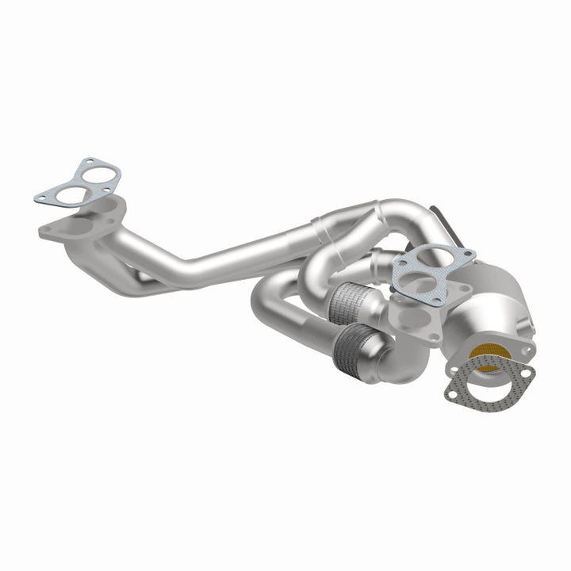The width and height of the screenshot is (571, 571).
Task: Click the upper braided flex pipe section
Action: (354, 300)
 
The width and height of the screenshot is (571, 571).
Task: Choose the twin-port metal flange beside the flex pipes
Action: (412, 317)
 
